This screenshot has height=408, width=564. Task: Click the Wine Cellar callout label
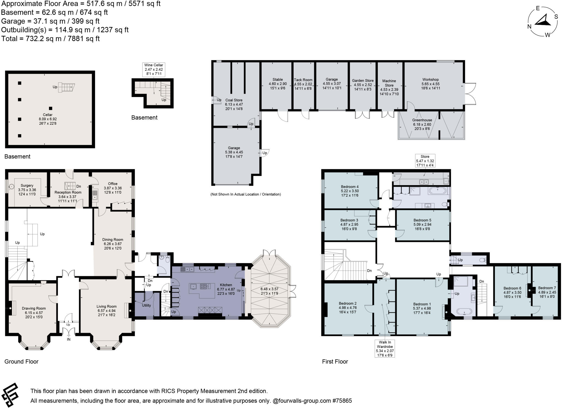[154, 70]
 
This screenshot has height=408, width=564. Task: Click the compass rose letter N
[529, 26]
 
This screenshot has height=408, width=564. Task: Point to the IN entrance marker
[69, 339]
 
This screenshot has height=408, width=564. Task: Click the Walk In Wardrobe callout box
[385, 348]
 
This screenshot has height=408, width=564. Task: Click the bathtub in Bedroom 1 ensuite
[464, 312]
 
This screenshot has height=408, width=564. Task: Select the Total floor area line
[50, 39]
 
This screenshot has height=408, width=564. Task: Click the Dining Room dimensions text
[113, 246]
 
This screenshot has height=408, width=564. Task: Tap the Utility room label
[146, 305]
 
